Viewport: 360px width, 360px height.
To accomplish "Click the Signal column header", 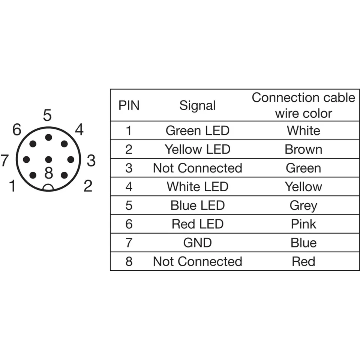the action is [x=198, y=106].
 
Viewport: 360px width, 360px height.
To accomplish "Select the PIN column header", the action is [x=129, y=105].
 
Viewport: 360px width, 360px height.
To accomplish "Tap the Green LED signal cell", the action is [x=198, y=130].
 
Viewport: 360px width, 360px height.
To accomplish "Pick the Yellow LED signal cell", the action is [x=198, y=149].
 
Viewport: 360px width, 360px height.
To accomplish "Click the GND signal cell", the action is [x=198, y=243].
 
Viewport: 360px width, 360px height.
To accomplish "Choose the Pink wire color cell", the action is [x=303, y=224].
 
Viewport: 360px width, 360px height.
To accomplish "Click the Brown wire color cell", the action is [x=303, y=149].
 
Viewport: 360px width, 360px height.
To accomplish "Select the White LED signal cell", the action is [x=198, y=186].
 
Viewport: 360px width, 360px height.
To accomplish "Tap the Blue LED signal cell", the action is [x=198, y=205].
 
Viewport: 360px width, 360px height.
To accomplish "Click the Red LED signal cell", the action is [x=198, y=224].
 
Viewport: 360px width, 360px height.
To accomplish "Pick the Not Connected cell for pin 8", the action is [x=198, y=261].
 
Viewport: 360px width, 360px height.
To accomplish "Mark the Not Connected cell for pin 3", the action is [x=198, y=168].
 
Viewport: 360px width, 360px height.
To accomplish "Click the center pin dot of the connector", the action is [x=48, y=159].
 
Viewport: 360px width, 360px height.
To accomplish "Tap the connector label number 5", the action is [x=47, y=115].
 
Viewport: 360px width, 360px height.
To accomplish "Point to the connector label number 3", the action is [x=91, y=160].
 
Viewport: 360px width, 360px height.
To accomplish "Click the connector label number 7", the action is [x=4, y=160].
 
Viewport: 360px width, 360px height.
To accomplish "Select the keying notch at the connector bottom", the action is [x=48, y=188].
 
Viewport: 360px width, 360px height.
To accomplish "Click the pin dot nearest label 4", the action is [x=64, y=144].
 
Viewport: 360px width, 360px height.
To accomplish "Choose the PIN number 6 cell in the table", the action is [x=129, y=224].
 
